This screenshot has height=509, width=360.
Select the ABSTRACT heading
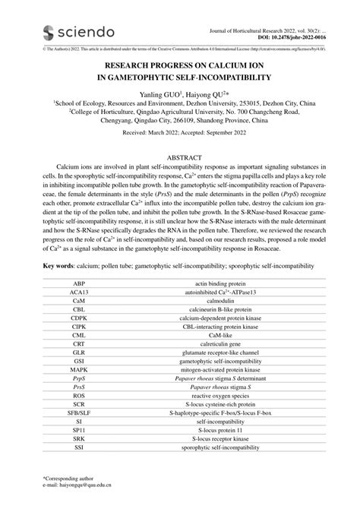[x=180, y=159]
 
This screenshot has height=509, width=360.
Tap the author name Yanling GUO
[x=157, y=94]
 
